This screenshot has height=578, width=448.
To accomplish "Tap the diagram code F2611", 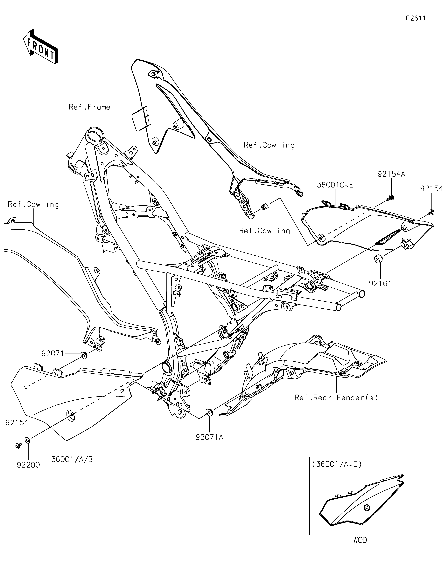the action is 416,18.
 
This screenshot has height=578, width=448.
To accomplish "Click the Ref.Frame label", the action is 90,107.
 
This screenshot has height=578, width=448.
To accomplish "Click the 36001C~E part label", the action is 335,185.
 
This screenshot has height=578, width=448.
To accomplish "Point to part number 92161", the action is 380,284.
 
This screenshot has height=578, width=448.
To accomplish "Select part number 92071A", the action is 210,437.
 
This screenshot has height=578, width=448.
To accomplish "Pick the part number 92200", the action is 28,465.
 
